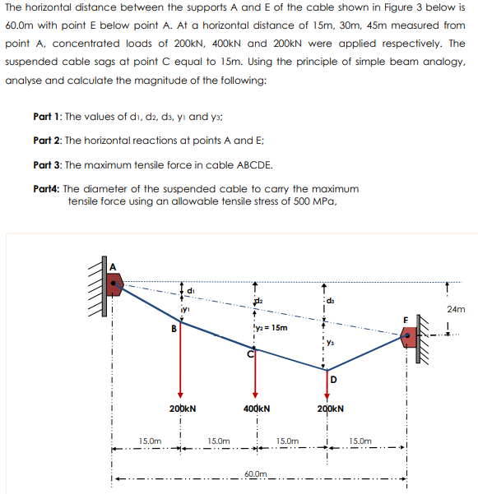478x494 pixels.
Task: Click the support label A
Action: point(114,265)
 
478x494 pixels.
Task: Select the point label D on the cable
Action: point(334,378)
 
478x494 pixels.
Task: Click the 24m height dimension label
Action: point(454,310)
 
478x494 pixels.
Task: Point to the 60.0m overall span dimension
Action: point(256,475)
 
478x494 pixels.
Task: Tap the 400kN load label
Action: point(258,408)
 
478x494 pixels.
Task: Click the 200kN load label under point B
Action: point(183,408)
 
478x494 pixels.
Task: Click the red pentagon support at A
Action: point(114,284)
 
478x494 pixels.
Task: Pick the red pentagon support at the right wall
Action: point(411,337)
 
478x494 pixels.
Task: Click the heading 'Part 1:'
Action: point(46,116)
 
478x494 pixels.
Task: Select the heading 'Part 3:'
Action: point(46,164)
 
